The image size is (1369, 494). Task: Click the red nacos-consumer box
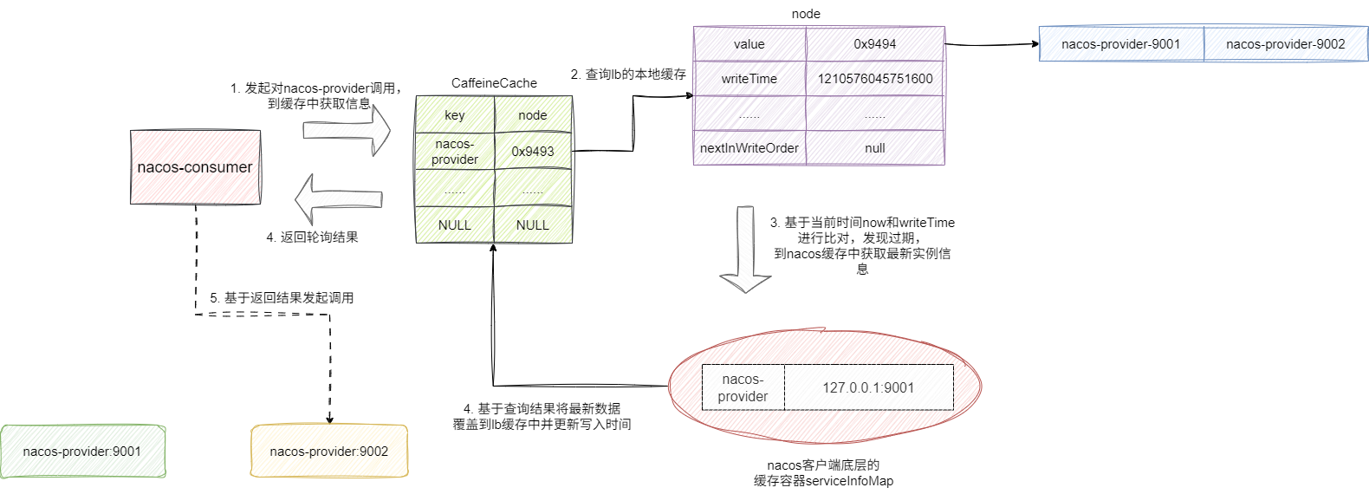195,167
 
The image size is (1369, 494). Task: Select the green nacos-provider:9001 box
82,451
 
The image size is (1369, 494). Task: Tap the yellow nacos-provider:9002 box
329,451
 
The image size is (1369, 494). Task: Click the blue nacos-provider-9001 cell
1121,44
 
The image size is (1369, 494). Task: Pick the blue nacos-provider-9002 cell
1286,44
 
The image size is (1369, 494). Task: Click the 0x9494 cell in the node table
875,44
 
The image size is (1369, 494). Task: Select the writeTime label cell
749,79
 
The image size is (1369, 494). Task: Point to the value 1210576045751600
875,79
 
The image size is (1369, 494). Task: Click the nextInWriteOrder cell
749,148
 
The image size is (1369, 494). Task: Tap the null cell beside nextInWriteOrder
875,148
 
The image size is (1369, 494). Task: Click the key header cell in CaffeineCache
455,115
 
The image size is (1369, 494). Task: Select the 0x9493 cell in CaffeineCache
533,152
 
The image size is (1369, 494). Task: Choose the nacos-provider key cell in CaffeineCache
455,152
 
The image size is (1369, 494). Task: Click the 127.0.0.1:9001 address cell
868,387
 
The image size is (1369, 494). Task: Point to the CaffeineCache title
494,83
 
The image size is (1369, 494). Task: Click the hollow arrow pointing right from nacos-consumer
347,130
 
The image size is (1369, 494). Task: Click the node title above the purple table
806,14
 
